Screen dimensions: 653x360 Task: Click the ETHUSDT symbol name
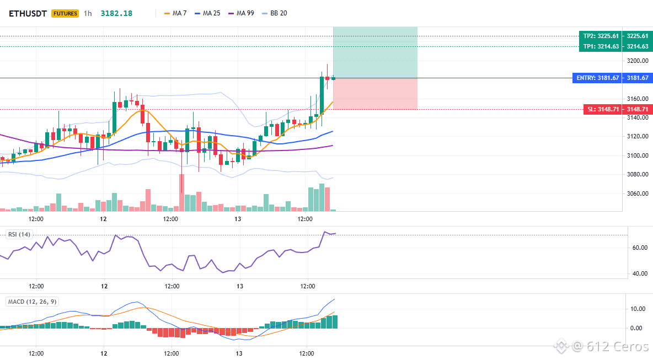(28, 13)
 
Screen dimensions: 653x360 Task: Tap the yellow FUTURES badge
(65, 13)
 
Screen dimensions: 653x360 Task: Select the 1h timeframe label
(88, 13)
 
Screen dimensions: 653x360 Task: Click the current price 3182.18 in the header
(116, 13)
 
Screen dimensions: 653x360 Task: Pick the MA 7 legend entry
(175, 13)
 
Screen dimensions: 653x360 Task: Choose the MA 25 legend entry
(207, 13)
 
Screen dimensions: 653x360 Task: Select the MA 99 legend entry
(241, 13)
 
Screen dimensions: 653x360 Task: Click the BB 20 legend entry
(275, 13)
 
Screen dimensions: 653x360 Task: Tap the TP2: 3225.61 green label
(600, 36)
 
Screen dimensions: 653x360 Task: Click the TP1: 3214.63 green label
(600, 47)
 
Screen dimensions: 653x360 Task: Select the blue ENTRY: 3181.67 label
(597, 78)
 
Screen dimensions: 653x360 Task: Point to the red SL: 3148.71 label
(603, 110)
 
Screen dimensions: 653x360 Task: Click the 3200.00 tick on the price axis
(638, 61)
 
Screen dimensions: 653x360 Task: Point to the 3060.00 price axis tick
(638, 194)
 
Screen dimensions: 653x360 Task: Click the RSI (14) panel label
(19, 234)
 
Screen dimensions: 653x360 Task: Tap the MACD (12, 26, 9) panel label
(32, 302)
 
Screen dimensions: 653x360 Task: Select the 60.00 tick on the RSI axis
(640, 248)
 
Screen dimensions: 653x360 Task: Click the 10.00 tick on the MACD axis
(638, 309)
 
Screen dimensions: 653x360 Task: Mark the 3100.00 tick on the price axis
(638, 155)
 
